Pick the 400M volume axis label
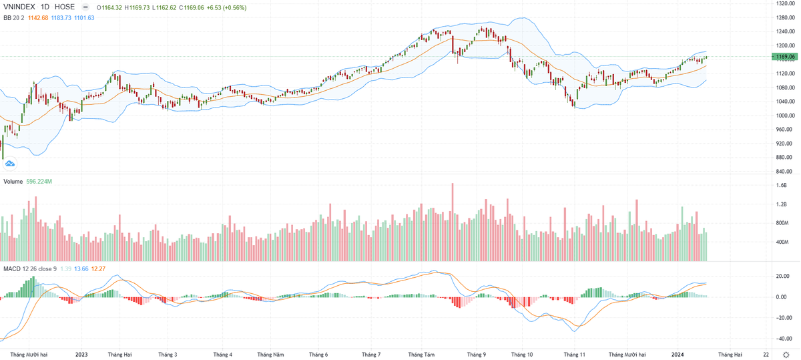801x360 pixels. coord(781,242)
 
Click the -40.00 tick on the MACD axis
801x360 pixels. coord(781,339)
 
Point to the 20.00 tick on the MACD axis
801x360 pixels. coord(781,276)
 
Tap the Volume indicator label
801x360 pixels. coord(13,181)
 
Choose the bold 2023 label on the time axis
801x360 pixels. coord(82,355)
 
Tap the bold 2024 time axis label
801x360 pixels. coord(678,355)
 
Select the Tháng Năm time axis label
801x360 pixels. coord(271,355)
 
